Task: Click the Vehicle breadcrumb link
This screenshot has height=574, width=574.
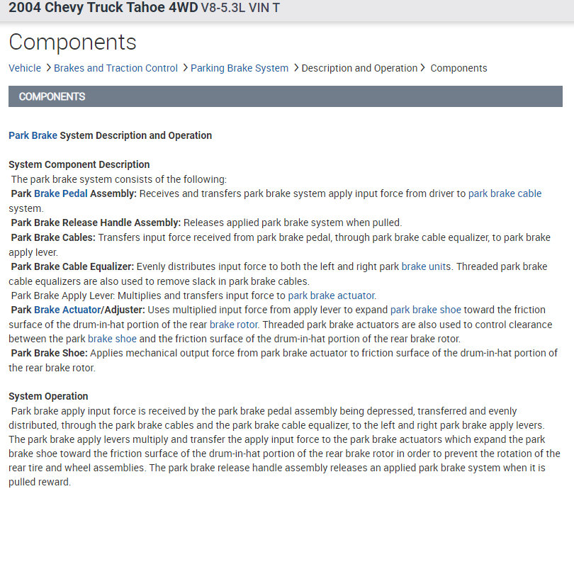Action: (25, 68)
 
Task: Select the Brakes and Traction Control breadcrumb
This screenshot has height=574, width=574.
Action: (116, 68)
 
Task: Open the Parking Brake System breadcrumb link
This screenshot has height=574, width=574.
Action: (240, 68)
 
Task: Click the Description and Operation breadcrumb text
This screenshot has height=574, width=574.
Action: (359, 68)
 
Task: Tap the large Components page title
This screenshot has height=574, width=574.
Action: (72, 42)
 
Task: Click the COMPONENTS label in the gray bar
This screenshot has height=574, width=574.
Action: (52, 96)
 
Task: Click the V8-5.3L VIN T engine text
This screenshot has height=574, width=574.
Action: (240, 11)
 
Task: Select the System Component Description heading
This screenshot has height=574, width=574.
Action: (79, 164)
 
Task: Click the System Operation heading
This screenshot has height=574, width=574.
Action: (48, 396)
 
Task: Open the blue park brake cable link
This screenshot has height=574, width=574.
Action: (505, 193)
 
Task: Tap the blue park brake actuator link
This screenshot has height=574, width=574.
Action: (332, 296)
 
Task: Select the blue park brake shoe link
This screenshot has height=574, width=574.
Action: (426, 310)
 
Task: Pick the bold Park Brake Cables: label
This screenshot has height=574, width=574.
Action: (53, 237)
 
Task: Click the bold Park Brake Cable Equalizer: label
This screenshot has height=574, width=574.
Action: (72, 266)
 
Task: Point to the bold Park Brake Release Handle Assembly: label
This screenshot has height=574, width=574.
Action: (96, 223)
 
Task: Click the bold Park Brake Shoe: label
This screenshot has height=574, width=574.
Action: (50, 353)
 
